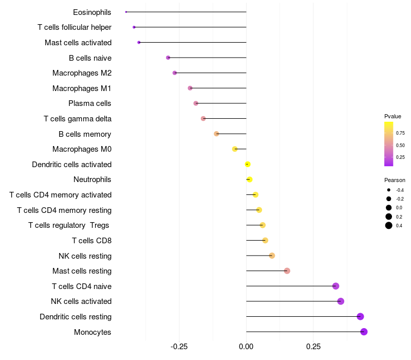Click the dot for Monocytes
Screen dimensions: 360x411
pos(364,332)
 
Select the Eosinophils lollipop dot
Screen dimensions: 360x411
pos(126,12)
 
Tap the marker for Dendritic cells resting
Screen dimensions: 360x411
pos(360,317)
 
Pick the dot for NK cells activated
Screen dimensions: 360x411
pos(341,301)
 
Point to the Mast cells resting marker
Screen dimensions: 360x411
pos(287,271)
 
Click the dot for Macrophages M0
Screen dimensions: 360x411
pos(235,149)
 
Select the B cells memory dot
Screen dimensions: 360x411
pos(216,134)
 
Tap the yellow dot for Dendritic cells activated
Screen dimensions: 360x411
pos(248,165)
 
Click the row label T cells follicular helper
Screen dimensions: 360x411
pos(74,27)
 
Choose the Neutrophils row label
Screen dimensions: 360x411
pos(92,179)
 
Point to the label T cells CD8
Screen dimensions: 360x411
pos(91,241)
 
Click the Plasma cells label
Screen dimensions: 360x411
pos(90,103)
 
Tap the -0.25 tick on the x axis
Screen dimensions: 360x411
pos(179,347)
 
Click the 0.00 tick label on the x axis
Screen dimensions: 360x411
pos(246,347)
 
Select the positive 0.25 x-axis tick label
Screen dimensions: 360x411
pos(313,347)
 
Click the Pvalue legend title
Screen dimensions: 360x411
pos(393,116)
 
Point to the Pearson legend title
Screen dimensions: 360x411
pos(395,180)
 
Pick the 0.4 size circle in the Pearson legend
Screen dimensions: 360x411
pos(389,225)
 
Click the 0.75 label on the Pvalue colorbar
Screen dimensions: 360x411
pos(400,133)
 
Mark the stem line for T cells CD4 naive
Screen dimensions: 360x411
pos(290,286)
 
